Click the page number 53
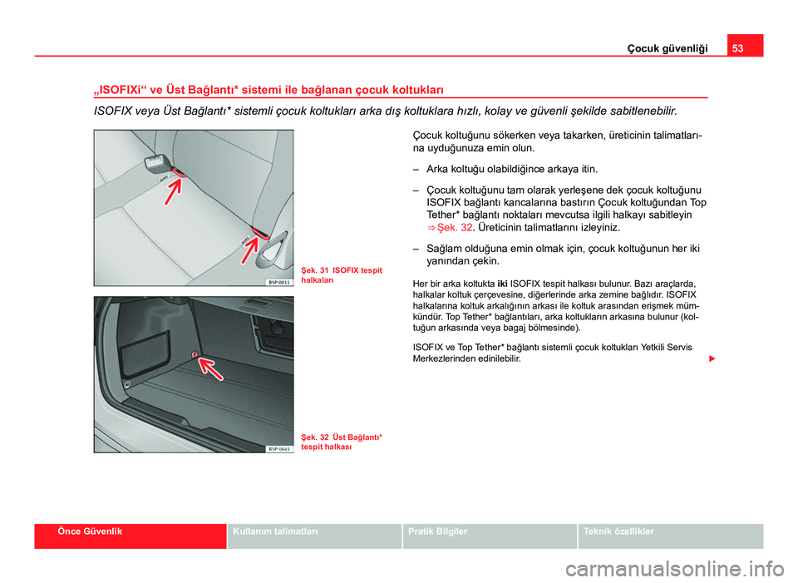click(x=739, y=48)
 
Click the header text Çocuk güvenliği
click(x=667, y=49)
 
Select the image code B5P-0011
click(x=278, y=282)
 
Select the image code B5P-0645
click(x=278, y=448)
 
